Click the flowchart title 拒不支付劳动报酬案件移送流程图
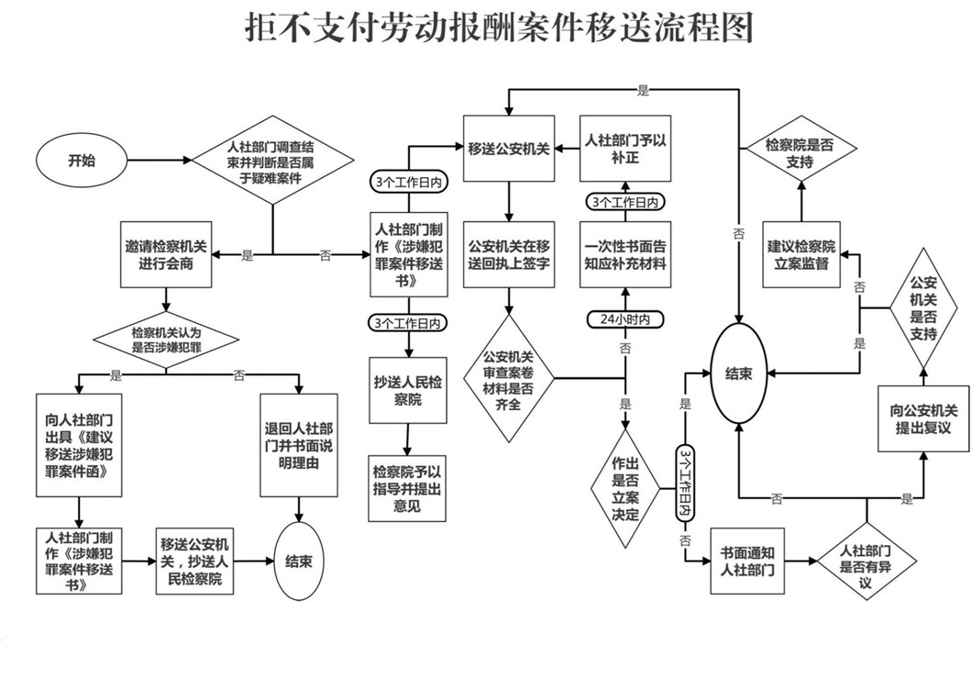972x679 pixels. (x=499, y=28)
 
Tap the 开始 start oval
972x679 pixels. (x=81, y=161)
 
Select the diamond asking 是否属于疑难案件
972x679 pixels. (x=272, y=161)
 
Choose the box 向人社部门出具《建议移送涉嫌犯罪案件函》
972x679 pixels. (x=80, y=443)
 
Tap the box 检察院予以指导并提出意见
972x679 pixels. (x=408, y=488)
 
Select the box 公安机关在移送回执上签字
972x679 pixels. (x=509, y=255)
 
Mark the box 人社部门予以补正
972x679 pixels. (x=624, y=149)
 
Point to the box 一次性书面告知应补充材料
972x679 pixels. (x=625, y=255)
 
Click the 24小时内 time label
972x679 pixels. (x=625, y=319)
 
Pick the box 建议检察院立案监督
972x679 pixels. (x=803, y=256)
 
